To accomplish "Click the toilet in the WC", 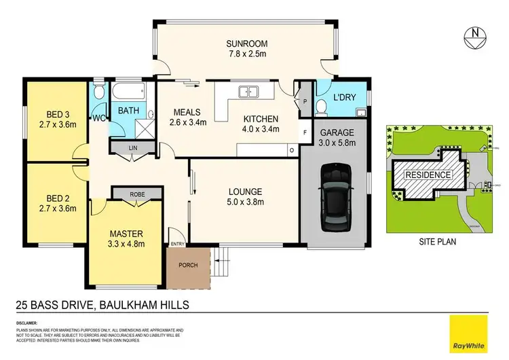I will point(99,93).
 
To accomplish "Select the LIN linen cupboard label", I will point(132,147).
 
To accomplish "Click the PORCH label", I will point(188,266).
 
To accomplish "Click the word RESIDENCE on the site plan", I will point(428,175).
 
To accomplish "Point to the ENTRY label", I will point(177,245).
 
